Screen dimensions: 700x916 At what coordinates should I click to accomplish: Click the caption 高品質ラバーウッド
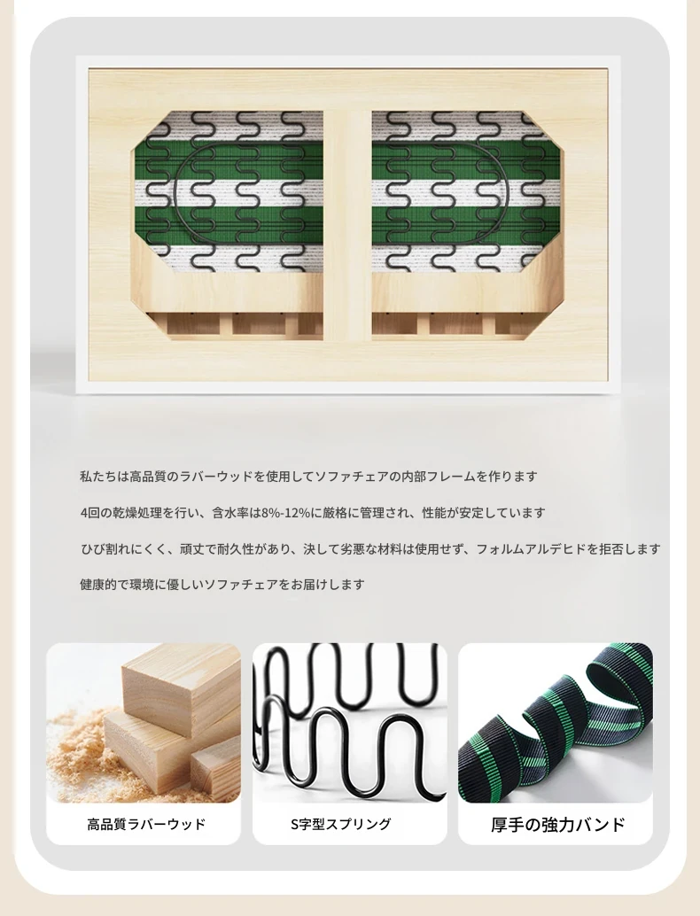[146, 824]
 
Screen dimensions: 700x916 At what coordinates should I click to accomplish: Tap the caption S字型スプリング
[341, 824]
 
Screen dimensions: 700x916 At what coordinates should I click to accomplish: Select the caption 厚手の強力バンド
[558, 824]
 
